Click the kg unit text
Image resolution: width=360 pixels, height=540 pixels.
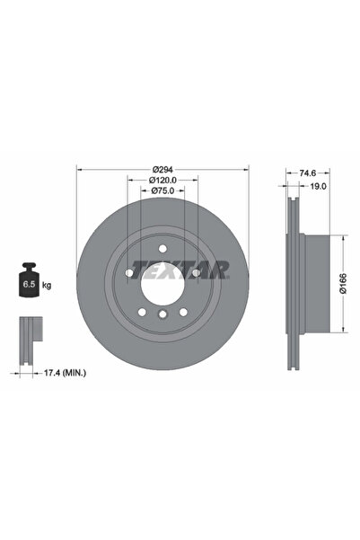47,285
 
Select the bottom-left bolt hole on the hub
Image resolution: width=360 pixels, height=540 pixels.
143,311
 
